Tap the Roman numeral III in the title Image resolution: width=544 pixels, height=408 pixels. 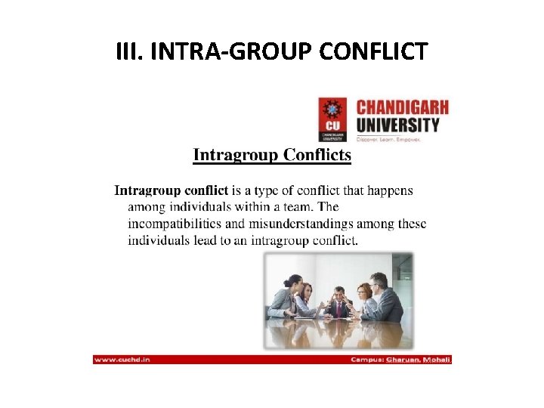point(129,52)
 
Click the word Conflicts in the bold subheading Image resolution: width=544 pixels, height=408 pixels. point(317,156)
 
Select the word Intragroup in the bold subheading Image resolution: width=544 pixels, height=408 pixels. point(236,156)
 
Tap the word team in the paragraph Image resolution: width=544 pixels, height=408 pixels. point(298,206)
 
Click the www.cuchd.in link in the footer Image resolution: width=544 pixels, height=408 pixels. point(122,359)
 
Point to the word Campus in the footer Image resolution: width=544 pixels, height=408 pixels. point(369,359)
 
